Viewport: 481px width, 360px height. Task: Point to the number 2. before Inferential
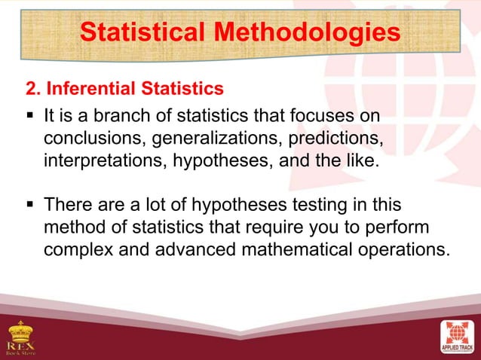[x=34, y=90]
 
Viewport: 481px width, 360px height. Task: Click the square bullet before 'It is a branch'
[x=30, y=117]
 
